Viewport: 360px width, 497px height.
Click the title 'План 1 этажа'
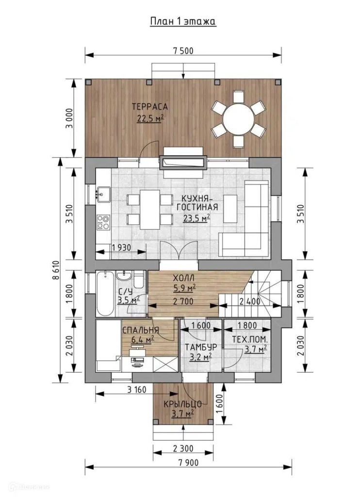pyautogui.click(x=183, y=21)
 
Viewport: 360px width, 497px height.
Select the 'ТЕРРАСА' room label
pyautogui.click(x=150, y=106)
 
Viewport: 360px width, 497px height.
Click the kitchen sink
pyautogui.click(x=103, y=194)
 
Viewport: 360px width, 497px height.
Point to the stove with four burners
pyautogui.click(x=103, y=221)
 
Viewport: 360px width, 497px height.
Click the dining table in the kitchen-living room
pyautogui.click(x=150, y=210)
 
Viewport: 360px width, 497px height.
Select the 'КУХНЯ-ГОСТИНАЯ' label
pyautogui.click(x=197, y=203)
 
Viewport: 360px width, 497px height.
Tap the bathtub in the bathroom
pyautogui.click(x=105, y=293)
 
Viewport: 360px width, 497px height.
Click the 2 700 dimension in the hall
pyautogui.click(x=183, y=301)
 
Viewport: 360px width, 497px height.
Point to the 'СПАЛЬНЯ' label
pyautogui.click(x=140, y=330)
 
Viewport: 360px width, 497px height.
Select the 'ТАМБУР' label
pyautogui.click(x=201, y=347)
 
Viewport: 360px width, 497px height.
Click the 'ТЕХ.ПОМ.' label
pyautogui.click(x=250, y=339)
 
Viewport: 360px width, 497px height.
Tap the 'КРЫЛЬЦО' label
pyautogui.click(x=183, y=404)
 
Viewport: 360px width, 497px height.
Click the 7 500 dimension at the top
pyautogui.click(x=183, y=50)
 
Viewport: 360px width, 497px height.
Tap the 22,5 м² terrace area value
pyautogui.click(x=150, y=118)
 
